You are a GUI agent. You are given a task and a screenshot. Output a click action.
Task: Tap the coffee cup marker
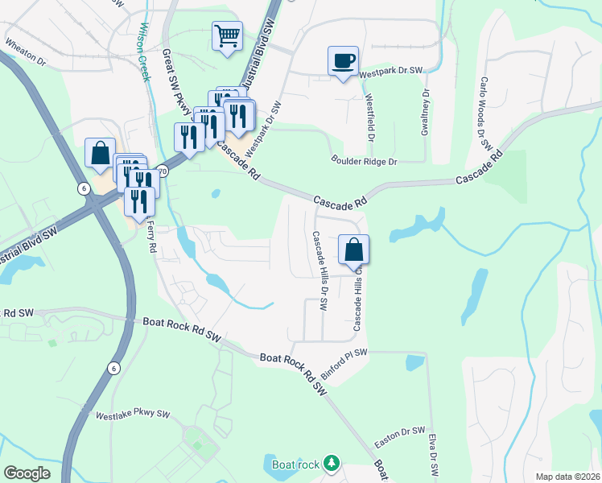tap(343, 60)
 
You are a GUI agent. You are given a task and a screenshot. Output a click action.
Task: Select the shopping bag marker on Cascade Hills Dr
tap(353, 250)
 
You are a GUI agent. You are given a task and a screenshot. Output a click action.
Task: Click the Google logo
tap(27, 473)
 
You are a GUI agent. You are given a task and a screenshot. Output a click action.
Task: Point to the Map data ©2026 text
tap(567, 477)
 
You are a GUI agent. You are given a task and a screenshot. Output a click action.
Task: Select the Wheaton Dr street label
tap(26, 49)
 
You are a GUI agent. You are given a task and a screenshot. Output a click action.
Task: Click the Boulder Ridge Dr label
tap(365, 161)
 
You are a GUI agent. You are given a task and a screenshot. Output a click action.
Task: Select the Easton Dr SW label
tap(400, 438)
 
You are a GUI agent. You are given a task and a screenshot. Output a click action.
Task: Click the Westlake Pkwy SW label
tap(133, 415)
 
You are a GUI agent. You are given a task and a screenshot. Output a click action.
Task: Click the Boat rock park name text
tap(291, 464)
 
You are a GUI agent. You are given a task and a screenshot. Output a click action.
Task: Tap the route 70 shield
tap(163, 171)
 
